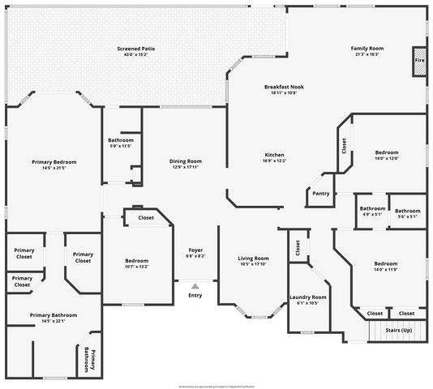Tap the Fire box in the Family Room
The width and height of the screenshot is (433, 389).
coord(419,61)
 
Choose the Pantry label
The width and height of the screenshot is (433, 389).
coord(320,193)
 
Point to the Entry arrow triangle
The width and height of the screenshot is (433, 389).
coord(195,285)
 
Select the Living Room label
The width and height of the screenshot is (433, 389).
coord(254,261)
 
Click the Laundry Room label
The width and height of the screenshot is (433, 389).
coord(307,300)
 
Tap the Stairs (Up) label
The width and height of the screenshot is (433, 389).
coord(398,330)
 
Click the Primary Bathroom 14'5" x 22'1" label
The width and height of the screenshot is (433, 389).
coord(54,318)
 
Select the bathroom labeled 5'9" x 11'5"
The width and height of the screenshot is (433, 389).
coord(120,143)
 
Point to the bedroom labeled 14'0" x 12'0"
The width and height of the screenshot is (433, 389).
coord(386,155)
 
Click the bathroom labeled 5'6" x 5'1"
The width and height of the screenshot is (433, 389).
coord(407,213)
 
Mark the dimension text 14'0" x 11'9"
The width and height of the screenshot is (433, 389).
coord(386,269)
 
